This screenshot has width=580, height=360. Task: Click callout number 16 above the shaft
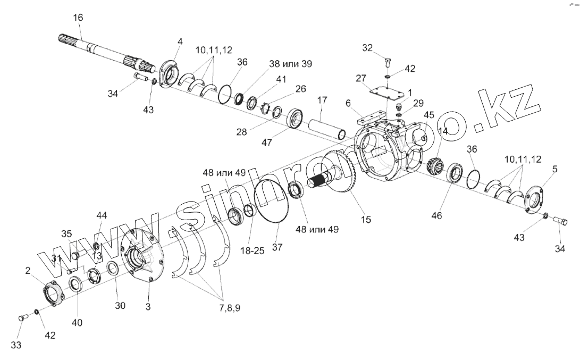click(x=78, y=18)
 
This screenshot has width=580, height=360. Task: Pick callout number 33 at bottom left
click(x=16, y=345)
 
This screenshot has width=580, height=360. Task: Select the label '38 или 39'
click(x=291, y=64)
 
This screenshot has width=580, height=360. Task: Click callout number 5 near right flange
click(x=555, y=170)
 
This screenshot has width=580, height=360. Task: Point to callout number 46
click(x=436, y=216)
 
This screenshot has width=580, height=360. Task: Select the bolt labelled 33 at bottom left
click(x=22, y=318)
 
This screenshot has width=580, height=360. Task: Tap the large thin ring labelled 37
click(x=271, y=199)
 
